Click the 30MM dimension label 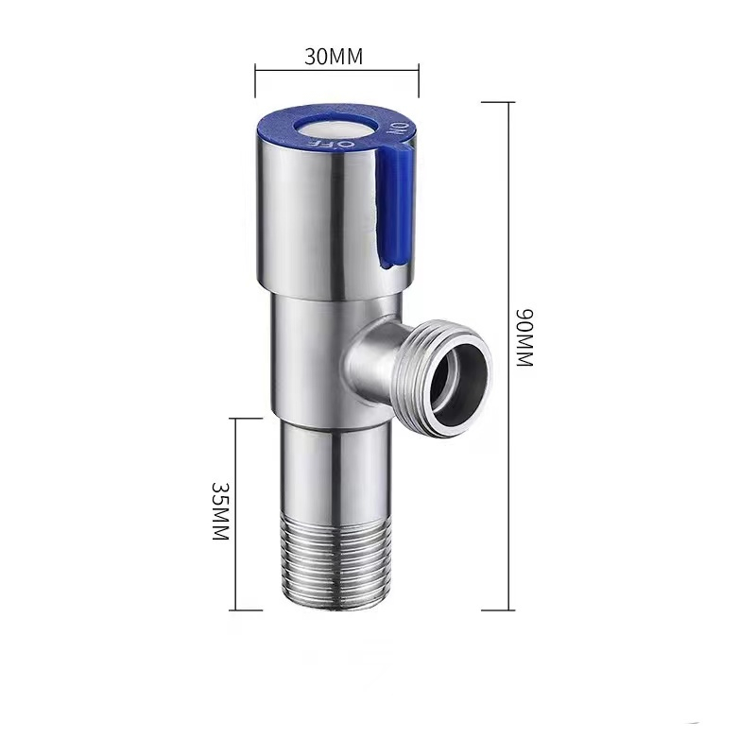pos(334,57)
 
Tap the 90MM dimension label pos(524,337)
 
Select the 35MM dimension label pos(220,510)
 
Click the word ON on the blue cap pos(399,129)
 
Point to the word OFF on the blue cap pos(333,144)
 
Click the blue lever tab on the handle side pos(394,206)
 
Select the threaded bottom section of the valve pos(335,564)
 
